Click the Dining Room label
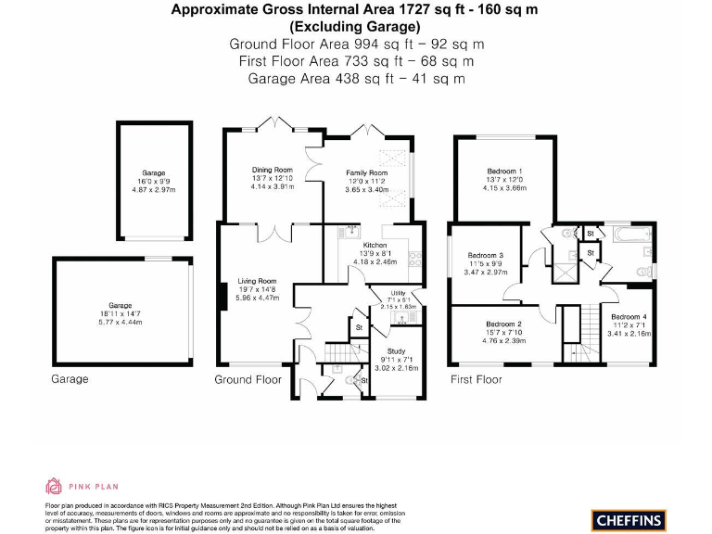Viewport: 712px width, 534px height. (x=272, y=170)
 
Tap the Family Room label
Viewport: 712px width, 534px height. (x=367, y=173)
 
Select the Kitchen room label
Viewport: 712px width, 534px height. (x=375, y=245)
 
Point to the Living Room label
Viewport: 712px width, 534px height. (x=257, y=281)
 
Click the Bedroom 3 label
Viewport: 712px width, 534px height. (x=485, y=256)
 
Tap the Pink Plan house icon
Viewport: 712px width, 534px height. (x=54, y=486)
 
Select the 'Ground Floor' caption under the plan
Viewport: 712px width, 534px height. (x=248, y=380)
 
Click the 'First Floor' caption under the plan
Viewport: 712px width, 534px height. (x=476, y=380)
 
